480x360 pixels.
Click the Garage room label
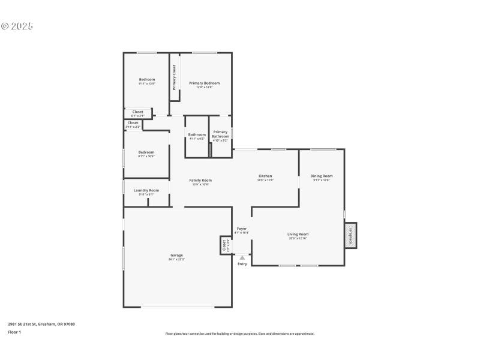pos(176,256)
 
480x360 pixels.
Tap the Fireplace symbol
pos(350,235)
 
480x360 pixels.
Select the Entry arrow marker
pos(242,258)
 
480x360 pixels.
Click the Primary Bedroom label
pos(204,83)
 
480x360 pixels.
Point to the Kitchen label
pos(265,176)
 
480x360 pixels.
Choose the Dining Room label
pos(322,176)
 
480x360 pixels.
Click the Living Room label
pos(298,235)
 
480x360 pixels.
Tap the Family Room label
pos(200,181)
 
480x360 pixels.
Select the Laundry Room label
pos(146,191)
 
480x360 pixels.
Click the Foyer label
pos(242,229)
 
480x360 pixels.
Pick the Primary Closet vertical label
pos(175,77)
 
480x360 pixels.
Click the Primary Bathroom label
pos(220,134)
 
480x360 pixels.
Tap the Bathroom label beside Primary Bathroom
pos(197,135)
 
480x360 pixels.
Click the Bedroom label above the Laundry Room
pos(146,152)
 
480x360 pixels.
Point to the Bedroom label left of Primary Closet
pos(147,80)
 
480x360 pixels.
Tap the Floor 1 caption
pos(14,332)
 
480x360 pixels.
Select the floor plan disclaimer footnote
pos(239,334)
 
